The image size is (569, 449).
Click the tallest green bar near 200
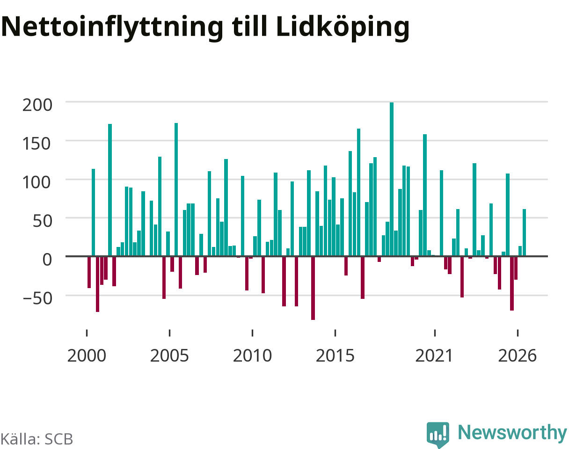click(x=392, y=179)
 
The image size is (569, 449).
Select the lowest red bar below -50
click(x=313, y=288)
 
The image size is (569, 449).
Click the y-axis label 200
click(x=37, y=105)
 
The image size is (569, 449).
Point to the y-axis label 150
click(x=36, y=144)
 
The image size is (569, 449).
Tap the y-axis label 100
click(x=36, y=182)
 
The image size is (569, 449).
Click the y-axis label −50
click(x=38, y=298)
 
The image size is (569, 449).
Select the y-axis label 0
click(x=47, y=260)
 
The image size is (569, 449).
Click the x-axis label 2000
click(x=87, y=356)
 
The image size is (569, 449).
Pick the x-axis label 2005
click(x=169, y=356)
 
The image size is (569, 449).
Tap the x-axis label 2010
click(x=252, y=356)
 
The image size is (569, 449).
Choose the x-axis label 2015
click(x=335, y=356)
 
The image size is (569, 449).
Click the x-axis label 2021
click(x=434, y=356)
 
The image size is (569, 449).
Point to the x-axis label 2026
click(x=518, y=356)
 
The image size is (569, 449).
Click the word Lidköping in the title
click(x=343, y=28)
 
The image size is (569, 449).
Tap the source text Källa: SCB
click(x=37, y=439)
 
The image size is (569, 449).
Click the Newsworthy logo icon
click(x=438, y=435)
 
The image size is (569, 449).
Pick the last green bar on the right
click(x=524, y=232)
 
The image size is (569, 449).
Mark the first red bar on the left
click(x=89, y=272)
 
